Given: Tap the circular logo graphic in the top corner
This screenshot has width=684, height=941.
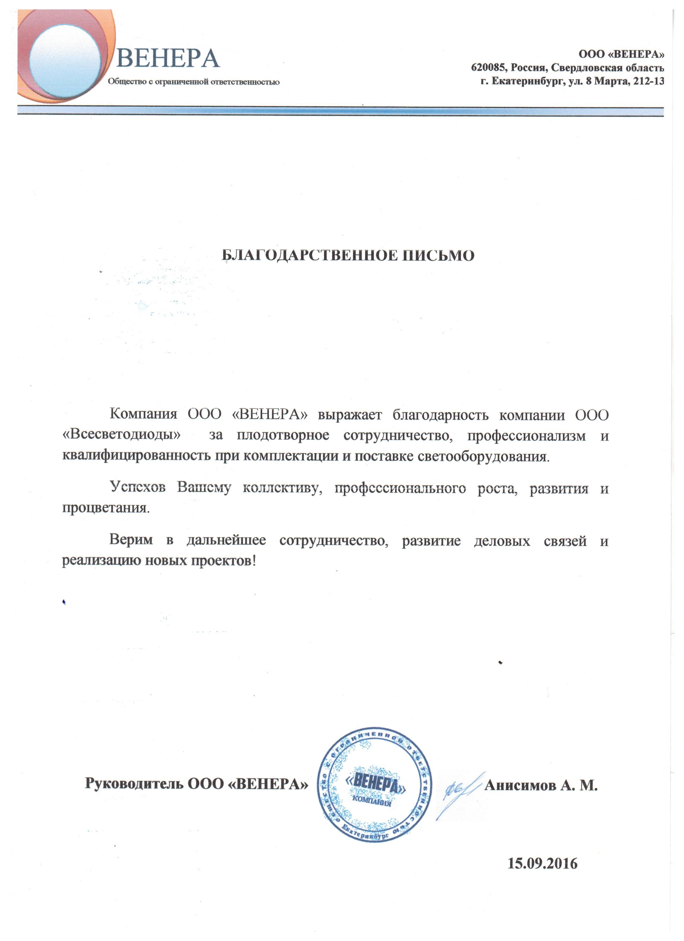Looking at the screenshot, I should [x=62, y=56].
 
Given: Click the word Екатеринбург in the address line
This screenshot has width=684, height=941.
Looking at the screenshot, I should [x=527, y=81].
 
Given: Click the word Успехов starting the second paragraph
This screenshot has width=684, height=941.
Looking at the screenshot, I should [x=138, y=487].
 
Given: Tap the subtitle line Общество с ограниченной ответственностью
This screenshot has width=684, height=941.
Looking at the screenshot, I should [x=194, y=82].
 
